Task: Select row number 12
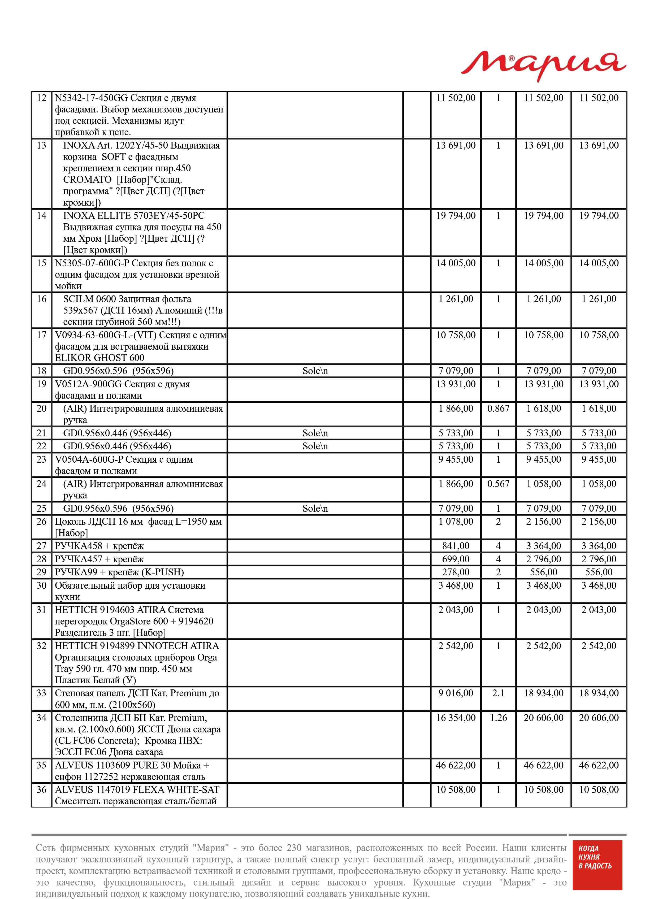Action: pos(41,98)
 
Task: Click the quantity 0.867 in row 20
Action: pos(498,409)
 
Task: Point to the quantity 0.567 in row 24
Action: pos(498,484)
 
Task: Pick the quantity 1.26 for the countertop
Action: pos(498,718)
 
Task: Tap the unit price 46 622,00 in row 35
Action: pos(456,765)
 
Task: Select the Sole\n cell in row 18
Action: pos(315,371)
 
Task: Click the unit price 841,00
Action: pos(456,546)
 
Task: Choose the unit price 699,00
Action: pos(456,559)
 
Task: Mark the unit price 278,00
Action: pos(456,572)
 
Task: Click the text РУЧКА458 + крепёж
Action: pos(99,546)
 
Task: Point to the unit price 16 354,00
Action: pos(456,718)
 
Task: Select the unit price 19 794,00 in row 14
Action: pos(456,216)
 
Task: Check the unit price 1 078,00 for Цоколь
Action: pos(456,522)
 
